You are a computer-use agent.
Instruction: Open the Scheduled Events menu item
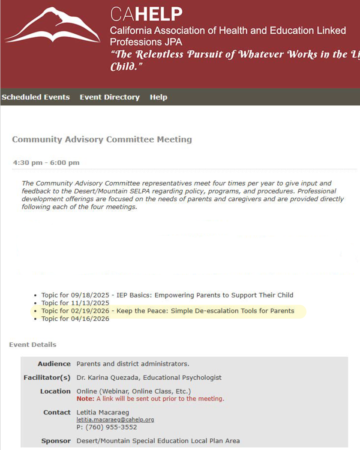(36, 97)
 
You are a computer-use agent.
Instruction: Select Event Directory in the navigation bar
(110, 97)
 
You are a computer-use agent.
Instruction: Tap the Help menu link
(159, 97)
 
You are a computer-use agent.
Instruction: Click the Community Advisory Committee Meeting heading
(102, 140)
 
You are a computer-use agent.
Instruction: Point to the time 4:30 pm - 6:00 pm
(46, 163)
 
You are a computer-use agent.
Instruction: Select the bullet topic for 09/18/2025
(167, 295)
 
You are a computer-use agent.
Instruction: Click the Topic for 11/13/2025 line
(75, 303)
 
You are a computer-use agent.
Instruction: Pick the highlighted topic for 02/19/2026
(168, 311)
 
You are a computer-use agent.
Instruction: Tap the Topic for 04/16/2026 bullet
(75, 319)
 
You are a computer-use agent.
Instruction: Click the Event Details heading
(33, 345)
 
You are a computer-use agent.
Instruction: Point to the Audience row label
(54, 364)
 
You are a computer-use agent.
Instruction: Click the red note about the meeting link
(150, 399)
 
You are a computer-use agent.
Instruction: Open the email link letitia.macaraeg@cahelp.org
(115, 420)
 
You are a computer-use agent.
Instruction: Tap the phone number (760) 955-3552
(110, 427)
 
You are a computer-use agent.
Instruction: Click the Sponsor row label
(56, 441)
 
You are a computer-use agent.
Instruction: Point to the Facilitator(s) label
(47, 378)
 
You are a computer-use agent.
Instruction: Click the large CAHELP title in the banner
(146, 15)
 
